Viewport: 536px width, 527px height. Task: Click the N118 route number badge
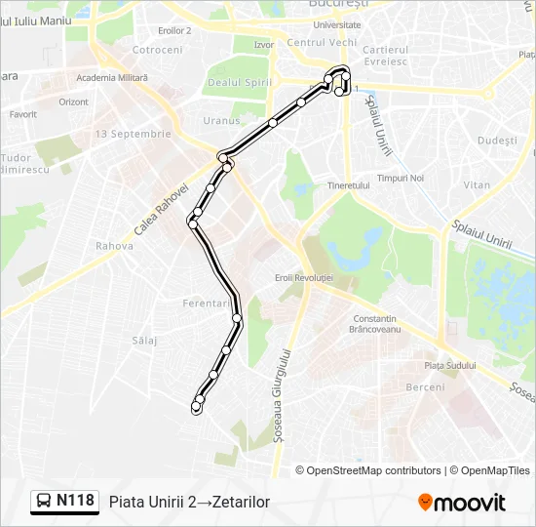[x=75, y=502]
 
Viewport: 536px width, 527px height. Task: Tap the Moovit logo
[x=462, y=503]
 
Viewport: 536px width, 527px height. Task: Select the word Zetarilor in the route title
[x=241, y=503]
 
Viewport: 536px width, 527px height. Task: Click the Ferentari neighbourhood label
[x=206, y=304]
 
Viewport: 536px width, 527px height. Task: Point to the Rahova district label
[x=114, y=246]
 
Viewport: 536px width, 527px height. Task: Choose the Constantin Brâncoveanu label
[x=375, y=324]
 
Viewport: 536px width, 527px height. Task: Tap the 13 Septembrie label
[x=134, y=134]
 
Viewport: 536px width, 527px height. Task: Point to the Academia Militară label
[x=109, y=77]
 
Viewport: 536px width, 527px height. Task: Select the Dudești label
[x=498, y=141]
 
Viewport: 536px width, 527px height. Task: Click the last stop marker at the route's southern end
[x=196, y=409]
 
